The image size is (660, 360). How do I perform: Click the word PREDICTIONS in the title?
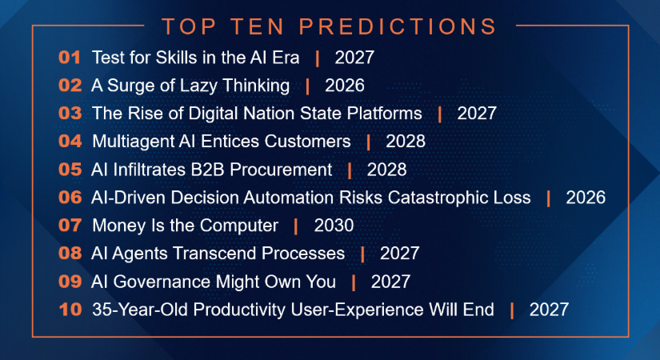pyautogui.click(x=398, y=26)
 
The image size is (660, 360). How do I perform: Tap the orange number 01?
pyautogui.click(x=70, y=58)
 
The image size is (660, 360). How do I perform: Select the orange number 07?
pyautogui.click(x=70, y=226)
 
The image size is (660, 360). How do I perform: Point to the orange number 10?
pyautogui.click(x=70, y=310)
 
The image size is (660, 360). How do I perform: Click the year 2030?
pyautogui.click(x=334, y=226)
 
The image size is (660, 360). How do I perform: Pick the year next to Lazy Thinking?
pyautogui.click(x=345, y=86)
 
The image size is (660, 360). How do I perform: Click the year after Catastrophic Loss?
pyautogui.click(x=586, y=198)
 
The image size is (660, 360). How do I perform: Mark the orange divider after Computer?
pyautogui.click(x=296, y=226)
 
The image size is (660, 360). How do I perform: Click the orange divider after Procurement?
pyautogui.click(x=350, y=170)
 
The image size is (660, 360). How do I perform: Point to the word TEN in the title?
pyautogui.click(x=257, y=26)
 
